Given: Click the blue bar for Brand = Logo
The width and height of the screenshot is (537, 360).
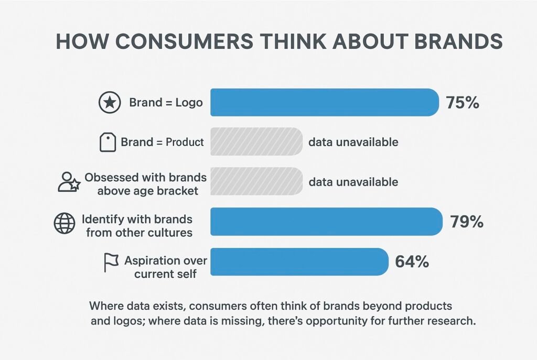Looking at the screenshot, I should click(324, 102).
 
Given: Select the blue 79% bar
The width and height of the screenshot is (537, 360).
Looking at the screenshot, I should click(326, 221).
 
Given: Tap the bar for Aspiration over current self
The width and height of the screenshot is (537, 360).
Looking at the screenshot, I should click(299, 261).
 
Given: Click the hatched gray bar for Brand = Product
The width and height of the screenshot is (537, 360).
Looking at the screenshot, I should click(256, 141).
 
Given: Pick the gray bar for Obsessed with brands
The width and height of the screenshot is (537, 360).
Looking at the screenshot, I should click(256, 181).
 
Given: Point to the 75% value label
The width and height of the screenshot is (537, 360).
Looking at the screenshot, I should click(462, 103).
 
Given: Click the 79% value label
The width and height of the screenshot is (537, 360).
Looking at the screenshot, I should click(466, 222).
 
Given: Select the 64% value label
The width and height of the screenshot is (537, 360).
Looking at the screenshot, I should click(412, 262).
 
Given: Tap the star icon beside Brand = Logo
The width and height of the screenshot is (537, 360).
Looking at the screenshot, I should click(109, 103).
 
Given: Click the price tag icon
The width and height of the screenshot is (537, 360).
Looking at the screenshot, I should click(108, 142).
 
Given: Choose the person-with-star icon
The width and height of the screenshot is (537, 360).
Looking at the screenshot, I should click(68, 182).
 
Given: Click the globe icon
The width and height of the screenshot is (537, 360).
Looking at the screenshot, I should click(65, 224).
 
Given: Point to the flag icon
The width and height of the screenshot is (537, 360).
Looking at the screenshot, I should click(111, 263).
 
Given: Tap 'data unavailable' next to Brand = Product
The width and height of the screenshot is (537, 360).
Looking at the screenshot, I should click(353, 142).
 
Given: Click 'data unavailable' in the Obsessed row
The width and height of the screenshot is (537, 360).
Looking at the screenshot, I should click(353, 182).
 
